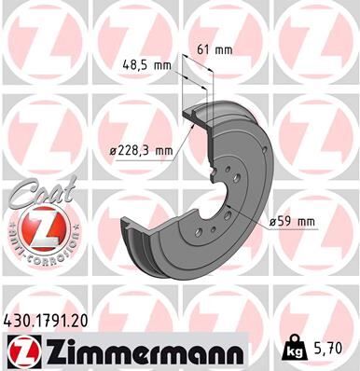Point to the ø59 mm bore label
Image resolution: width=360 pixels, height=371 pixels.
click(x=293, y=221)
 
